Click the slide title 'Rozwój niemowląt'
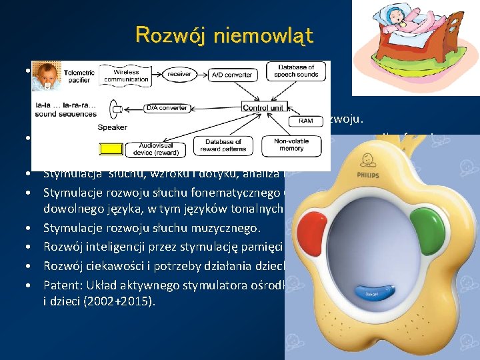pos(224,35)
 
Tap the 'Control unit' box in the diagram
pos(263,107)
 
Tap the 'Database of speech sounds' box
pos(299,72)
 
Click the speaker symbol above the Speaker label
pos(118,109)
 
